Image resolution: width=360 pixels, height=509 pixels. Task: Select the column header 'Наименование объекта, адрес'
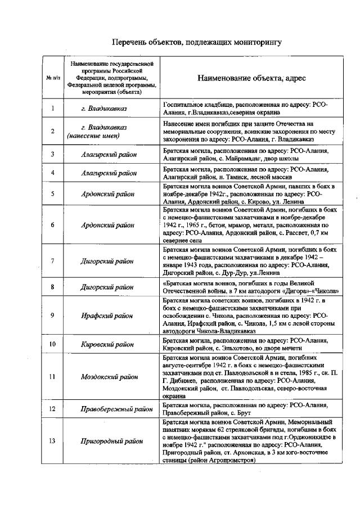click(x=251, y=78)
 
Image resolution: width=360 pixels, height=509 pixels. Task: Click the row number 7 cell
click(x=52, y=261)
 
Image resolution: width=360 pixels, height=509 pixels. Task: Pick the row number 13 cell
click(x=52, y=440)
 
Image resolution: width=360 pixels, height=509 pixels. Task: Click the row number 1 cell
click(x=52, y=109)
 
